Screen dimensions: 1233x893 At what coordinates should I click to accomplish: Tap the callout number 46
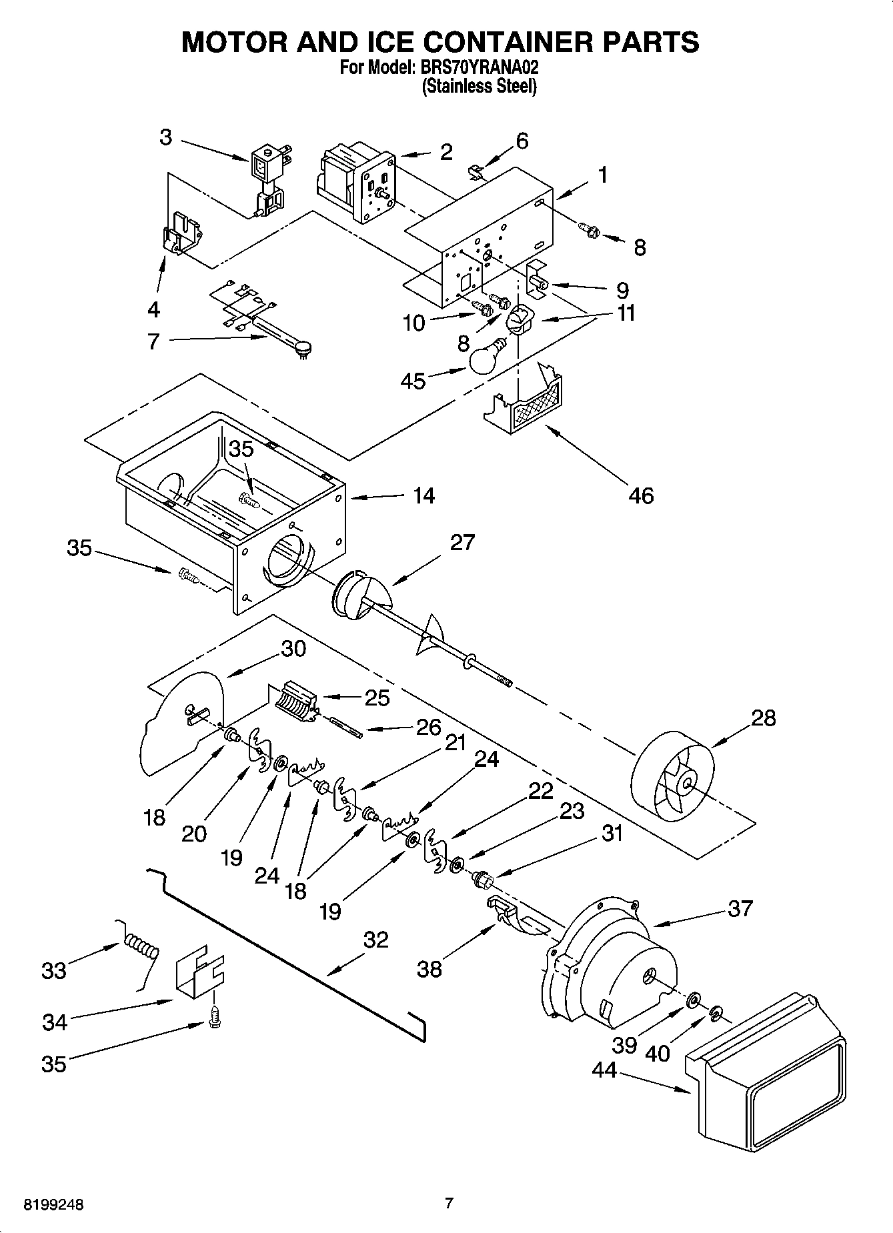pyautogui.click(x=641, y=495)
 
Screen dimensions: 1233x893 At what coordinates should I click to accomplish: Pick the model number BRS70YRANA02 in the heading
pyautogui.click(x=476, y=67)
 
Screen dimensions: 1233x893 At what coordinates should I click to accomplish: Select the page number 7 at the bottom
pyautogui.click(x=448, y=1204)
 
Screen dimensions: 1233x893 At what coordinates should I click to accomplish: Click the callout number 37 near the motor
pyautogui.click(x=740, y=908)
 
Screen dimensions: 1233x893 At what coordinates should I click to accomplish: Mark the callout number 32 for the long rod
pyautogui.click(x=375, y=940)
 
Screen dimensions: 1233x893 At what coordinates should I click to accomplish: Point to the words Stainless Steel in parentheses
pyautogui.click(x=479, y=86)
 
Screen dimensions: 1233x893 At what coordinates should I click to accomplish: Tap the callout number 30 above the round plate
pyautogui.click(x=293, y=648)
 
